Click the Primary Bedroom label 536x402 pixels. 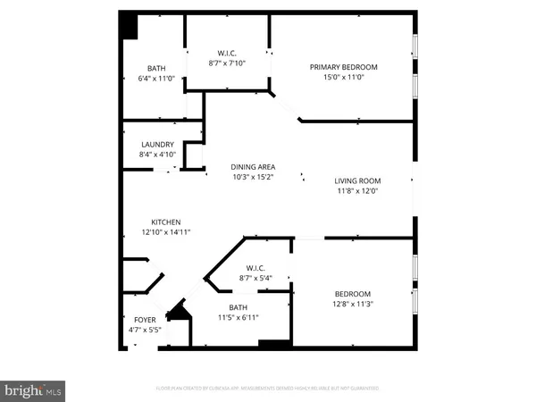(x=344, y=67)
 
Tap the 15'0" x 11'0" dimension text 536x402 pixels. (x=344, y=79)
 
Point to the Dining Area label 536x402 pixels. (x=253, y=166)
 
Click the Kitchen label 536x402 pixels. (x=166, y=222)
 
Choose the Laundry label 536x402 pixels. (x=158, y=145)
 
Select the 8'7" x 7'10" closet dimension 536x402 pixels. (x=226, y=63)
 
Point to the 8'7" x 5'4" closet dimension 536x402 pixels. (x=257, y=278)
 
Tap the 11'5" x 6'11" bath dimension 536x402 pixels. (x=237, y=317)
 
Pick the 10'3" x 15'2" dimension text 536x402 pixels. (x=253, y=177)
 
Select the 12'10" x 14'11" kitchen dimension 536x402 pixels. (x=166, y=232)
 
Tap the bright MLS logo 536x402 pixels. (x=33, y=389)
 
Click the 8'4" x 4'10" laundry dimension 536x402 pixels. (x=158, y=155)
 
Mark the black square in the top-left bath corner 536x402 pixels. (x=130, y=26)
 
